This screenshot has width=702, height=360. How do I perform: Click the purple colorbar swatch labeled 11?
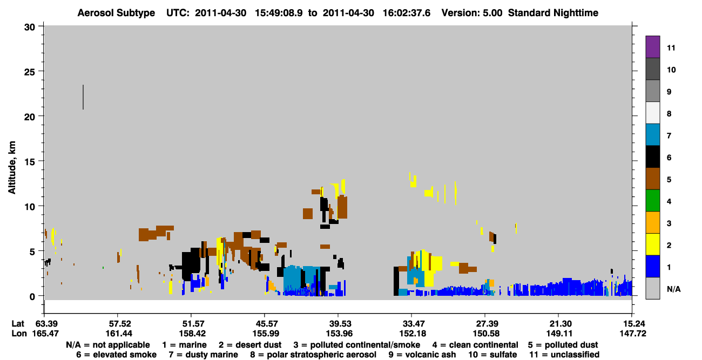coord(652,46)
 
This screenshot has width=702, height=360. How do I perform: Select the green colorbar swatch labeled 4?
coord(652,201)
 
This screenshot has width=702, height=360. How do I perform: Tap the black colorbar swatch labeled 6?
coord(652,157)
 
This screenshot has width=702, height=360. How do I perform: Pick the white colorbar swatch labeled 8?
coord(652,112)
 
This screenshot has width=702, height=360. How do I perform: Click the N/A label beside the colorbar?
coord(673,289)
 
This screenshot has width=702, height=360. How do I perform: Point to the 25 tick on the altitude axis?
coord(40,71)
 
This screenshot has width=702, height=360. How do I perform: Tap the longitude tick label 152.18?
coord(413,334)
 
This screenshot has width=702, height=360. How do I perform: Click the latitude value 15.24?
coord(632,324)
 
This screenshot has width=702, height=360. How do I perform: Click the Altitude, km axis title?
coord(12,168)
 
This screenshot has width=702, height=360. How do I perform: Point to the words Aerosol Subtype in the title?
coord(116,13)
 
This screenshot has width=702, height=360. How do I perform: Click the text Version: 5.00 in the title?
coord(472,13)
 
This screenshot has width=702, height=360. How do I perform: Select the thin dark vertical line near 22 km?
coord(83,97)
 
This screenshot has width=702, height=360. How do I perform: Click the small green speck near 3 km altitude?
coord(103,268)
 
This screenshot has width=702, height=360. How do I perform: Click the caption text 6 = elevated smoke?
coord(116,355)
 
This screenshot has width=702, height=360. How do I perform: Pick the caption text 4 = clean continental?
coord(475,345)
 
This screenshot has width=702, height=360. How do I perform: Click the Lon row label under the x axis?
coord(19,334)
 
